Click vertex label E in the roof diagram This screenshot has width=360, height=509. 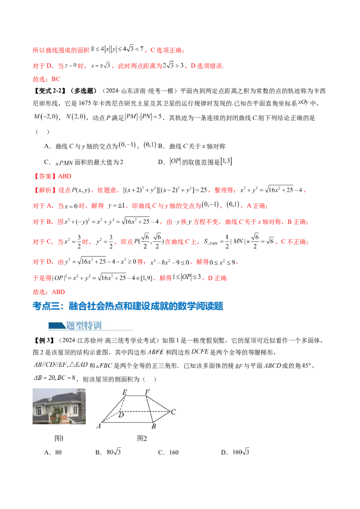pos(125,393)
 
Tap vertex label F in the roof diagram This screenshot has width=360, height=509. pos(147,392)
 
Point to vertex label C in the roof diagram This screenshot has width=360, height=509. pos(173,411)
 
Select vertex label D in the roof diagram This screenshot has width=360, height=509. pos(121,415)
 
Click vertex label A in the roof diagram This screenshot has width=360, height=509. pos(99,426)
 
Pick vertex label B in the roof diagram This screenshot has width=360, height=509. pos(154,426)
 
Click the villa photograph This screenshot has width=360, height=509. pos(59,406)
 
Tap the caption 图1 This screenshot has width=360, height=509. pos(59,438)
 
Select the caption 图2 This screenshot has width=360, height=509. pos(142,438)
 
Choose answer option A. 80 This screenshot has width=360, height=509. pos(53,452)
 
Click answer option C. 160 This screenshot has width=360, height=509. pos(168,452)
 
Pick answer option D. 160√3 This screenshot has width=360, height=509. pos(235,452)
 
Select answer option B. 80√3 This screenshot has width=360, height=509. pos(108,452)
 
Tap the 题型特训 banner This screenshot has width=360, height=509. pos(84,325)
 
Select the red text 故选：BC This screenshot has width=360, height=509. pos(46,79)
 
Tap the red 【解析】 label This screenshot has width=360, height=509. pos(45,190)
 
